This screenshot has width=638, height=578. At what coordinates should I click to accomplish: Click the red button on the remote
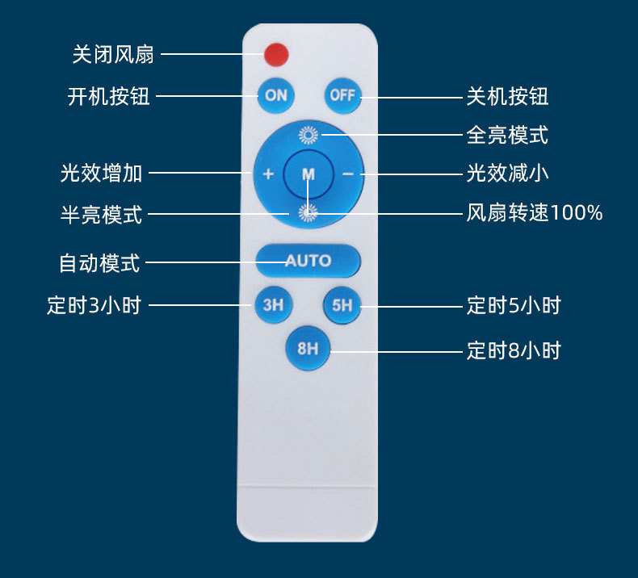coord(275,55)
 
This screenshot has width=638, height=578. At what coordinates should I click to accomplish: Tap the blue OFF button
coord(342,95)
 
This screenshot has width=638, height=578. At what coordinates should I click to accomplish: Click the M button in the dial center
coord(309,174)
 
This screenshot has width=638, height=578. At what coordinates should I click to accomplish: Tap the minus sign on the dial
coord(347,174)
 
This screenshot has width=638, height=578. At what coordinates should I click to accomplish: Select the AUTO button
coord(308,261)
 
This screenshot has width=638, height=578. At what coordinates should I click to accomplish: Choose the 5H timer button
coord(342,305)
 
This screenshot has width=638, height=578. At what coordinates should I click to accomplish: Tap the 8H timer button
coord(308,349)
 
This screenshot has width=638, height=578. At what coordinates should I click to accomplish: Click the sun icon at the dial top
coord(309,135)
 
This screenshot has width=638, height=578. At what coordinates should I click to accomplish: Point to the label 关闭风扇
coord(113,54)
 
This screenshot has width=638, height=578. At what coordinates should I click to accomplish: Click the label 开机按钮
coord(109,96)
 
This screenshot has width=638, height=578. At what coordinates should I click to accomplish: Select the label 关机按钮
coord(507,96)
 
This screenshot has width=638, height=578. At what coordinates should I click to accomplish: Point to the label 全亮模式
coord(507,135)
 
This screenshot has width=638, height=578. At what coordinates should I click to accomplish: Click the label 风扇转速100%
coord(535,213)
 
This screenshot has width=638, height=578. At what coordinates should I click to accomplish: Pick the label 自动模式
coord(99,262)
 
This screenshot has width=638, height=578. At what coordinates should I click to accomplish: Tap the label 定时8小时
coord(513,350)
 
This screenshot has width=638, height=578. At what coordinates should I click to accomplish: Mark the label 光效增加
coord(102,173)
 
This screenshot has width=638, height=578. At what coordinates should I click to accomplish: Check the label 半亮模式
coord(102,215)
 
